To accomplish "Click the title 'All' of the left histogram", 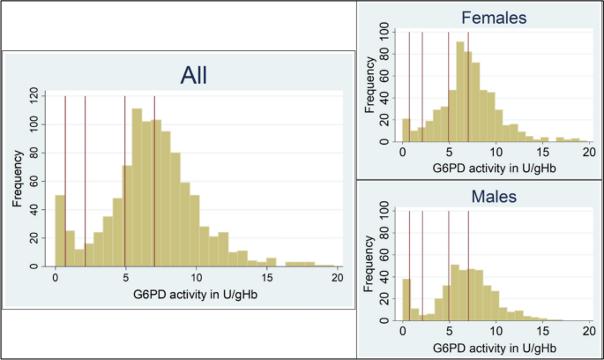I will (x=193, y=74).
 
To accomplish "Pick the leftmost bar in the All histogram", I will (x=60, y=230).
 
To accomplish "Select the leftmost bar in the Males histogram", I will (x=406, y=300).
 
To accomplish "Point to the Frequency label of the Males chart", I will (x=369, y=264).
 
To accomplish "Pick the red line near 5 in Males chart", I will (x=449, y=265).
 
